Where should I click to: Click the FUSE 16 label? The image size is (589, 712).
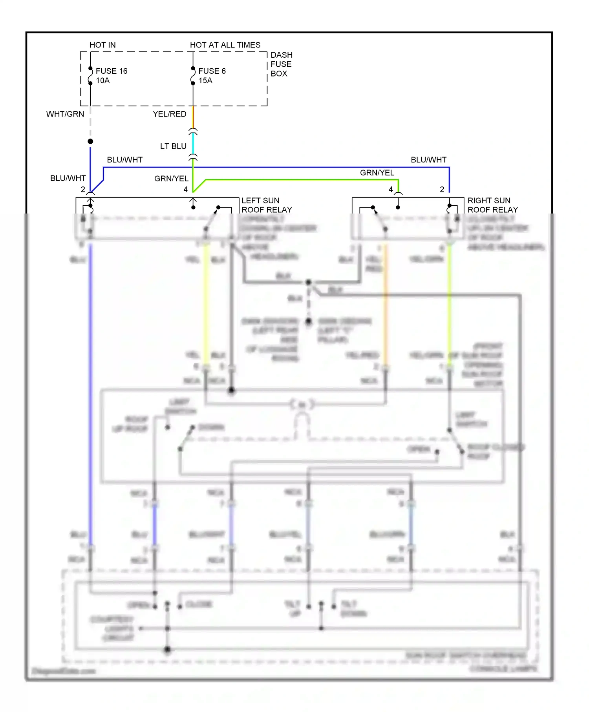click(x=112, y=71)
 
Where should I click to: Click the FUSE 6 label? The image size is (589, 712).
click(x=212, y=71)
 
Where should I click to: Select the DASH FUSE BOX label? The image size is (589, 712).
click(x=281, y=64)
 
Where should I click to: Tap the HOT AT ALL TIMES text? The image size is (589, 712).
click(x=225, y=45)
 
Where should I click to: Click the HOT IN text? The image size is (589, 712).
click(x=102, y=45)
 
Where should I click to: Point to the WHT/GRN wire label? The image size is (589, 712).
click(x=65, y=114)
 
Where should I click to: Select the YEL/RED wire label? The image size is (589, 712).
click(x=170, y=114)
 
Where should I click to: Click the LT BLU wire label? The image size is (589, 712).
click(x=173, y=146)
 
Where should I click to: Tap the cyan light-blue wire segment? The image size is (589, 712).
click(x=193, y=144)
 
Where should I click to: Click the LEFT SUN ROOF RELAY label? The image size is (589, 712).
click(x=267, y=205)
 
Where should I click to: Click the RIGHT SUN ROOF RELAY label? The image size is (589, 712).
click(x=492, y=205)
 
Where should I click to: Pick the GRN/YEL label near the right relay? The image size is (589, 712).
click(x=377, y=173)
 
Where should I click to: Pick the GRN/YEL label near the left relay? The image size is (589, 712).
click(x=171, y=179)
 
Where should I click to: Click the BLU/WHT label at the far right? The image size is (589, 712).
click(x=428, y=160)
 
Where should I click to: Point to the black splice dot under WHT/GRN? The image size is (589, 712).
click(x=90, y=141)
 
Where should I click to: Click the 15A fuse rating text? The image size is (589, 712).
click(x=205, y=80)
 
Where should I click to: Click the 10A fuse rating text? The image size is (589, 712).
click(x=103, y=80)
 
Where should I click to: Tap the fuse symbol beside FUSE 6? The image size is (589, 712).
click(x=193, y=76)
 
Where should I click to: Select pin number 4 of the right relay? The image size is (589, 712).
click(x=391, y=190)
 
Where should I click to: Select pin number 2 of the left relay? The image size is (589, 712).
click(x=83, y=190)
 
